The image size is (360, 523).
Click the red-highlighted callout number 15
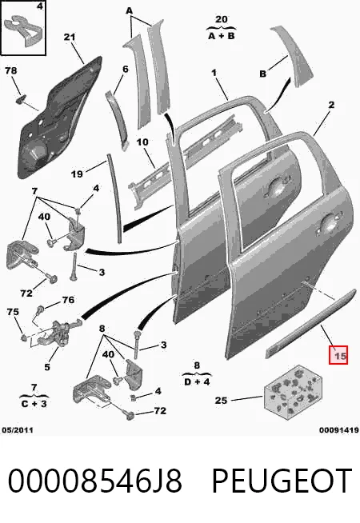(338, 355)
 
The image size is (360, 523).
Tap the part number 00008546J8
(94, 481)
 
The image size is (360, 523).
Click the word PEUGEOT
(282, 481)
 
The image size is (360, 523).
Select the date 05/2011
(18, 430)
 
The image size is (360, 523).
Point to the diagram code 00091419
(339, 430)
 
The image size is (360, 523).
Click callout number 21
(70, 37)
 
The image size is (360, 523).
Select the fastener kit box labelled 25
(293, 392)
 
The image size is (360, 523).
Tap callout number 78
(11, 70)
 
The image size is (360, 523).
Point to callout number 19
(77, 174)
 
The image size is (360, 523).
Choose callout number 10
(142, 142)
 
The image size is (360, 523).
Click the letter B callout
(263, 74)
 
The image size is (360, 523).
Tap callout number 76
(68, 300)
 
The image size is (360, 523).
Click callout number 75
(13, 312)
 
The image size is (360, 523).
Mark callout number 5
(47, 367)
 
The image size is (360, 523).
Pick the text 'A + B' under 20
(222, 36)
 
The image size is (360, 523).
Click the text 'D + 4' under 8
(197, 381)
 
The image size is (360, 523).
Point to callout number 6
(126, 69)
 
